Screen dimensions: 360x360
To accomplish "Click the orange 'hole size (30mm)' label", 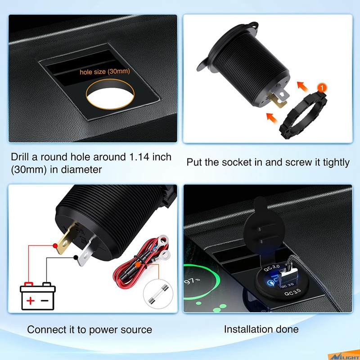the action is (105, 72).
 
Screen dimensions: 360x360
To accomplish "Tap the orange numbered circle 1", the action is (322, 88).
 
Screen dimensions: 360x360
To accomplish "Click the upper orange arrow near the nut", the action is (302, 87).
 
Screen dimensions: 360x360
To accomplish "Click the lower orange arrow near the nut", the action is (272, 118).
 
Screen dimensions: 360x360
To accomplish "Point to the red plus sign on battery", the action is (30, 300).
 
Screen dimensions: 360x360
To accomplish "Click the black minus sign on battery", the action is (45, 301).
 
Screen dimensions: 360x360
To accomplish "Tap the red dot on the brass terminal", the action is (55, 246).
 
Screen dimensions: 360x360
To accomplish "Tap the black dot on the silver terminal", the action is (76, 257).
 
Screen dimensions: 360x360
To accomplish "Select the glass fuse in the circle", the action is (158, 294).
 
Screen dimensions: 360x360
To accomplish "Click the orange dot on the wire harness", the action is (138, 264).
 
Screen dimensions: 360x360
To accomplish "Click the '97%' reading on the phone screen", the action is (192, 281).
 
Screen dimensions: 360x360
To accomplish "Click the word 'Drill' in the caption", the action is (20, 157).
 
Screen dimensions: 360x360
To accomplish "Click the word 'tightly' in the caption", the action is (336, 163).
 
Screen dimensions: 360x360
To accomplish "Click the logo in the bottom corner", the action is (344, 355).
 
